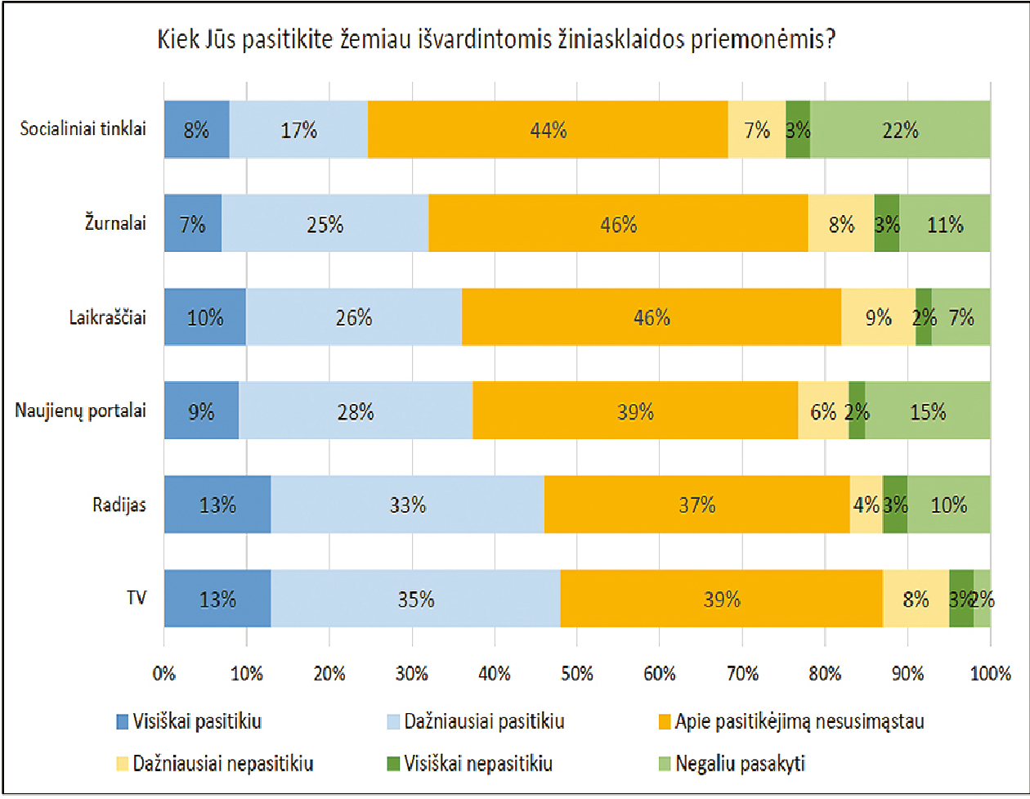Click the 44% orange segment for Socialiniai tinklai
click(548, 130)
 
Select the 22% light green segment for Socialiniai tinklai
click(900, 130)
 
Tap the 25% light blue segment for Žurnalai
click(325, 223)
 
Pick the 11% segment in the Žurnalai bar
click(944, 223)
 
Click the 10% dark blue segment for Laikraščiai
click(204, 317)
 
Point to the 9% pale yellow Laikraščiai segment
click(878, 317)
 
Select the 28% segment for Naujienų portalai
click(356, 411)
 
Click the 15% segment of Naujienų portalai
click(928, 411)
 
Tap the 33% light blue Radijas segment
click(407, 505)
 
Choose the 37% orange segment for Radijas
click(696, 505)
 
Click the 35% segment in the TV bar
click(415, 599)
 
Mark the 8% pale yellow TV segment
click(916, 599)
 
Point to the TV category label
click(136, 599)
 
